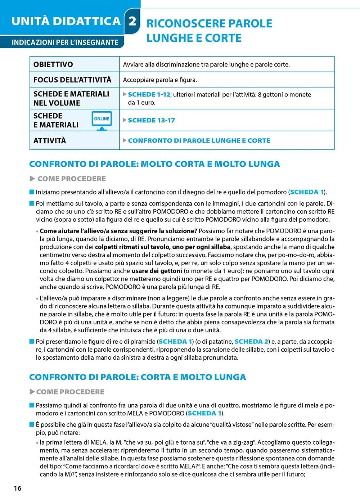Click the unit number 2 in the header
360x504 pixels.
click(x=132, y=21)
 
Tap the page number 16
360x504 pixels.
click(x=18, y=488)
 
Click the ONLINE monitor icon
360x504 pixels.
click(x=102, y=120)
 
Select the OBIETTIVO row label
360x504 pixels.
click(x=53, y=64)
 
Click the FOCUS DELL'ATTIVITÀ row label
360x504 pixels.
click(x=72, y=80)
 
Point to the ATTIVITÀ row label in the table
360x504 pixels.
click(x=50, y=140)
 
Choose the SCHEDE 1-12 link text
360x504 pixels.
click(x=149, y=94)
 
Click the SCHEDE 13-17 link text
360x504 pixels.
click(x=151, y=120)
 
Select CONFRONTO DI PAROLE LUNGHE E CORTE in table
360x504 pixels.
click(x=199, y=140)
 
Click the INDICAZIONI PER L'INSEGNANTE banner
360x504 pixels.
click(x=65, y=42)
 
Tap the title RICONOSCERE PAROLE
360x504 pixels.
click(x=209, y=23)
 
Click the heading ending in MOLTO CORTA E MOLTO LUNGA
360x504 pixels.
click(x=154, y=164)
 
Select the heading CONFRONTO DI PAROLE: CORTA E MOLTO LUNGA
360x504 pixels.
click(x=138, y=377)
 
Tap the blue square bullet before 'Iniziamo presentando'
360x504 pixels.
click(x=32, y=192)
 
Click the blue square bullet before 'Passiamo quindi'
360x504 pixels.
click(x=32, y=405)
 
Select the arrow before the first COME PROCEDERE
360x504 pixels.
click(x=32, y=179)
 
